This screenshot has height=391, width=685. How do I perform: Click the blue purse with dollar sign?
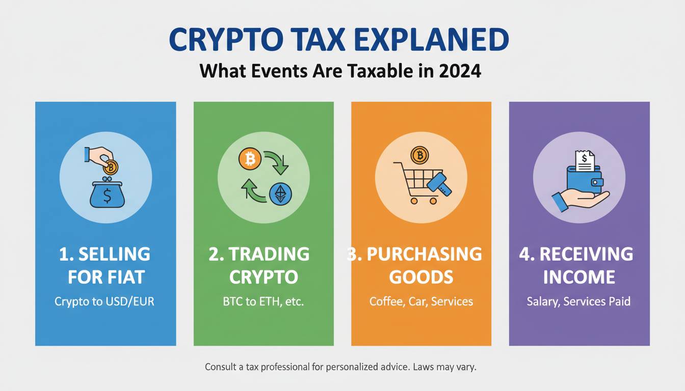pyautogui.click(x=108, y=194)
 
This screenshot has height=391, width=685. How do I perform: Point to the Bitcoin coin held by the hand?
pyautogui.click(x=110, y=167)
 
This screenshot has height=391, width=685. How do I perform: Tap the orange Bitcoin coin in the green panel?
pyautogui.click(x=250, y=159)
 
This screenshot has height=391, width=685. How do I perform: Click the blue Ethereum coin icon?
pyautogui.click(x=280, y=194)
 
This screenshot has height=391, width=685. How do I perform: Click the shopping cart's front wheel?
pyautogui.click(x=433, y=201)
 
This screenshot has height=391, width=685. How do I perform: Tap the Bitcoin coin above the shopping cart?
pyautogui.click(x=420, y=155)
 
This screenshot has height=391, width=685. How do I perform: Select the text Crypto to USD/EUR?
pyautogui.click(x=104, y=301)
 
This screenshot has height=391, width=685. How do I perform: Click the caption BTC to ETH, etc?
pyautogui.click(x=264, y=301)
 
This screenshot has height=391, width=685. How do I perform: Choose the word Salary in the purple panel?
pyautogui.click(x=543, y=301)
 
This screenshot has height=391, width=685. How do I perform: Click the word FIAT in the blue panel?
pyautogui.click(x=126, y=277)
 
